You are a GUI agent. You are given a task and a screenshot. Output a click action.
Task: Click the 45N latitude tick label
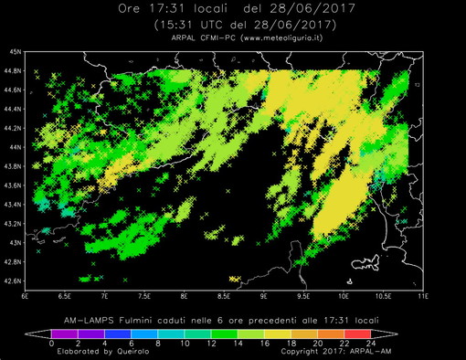[15, 52]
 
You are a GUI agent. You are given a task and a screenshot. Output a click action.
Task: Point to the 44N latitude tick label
[15, 147]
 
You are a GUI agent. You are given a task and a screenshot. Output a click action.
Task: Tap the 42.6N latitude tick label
[13, 281]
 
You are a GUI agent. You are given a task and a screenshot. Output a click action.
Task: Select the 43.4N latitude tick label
[13, 204]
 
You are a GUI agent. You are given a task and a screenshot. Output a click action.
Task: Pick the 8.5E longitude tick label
[223, 297]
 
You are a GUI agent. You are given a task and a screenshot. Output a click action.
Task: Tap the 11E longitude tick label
[421, 297]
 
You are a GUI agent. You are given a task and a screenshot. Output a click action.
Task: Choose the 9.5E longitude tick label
[302, 297]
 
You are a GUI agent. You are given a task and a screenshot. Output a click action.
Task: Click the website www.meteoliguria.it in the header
[281, 37]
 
